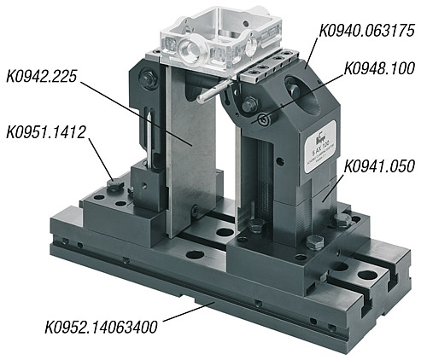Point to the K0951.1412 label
coord(46,133)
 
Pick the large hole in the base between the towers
coord(225,230)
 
